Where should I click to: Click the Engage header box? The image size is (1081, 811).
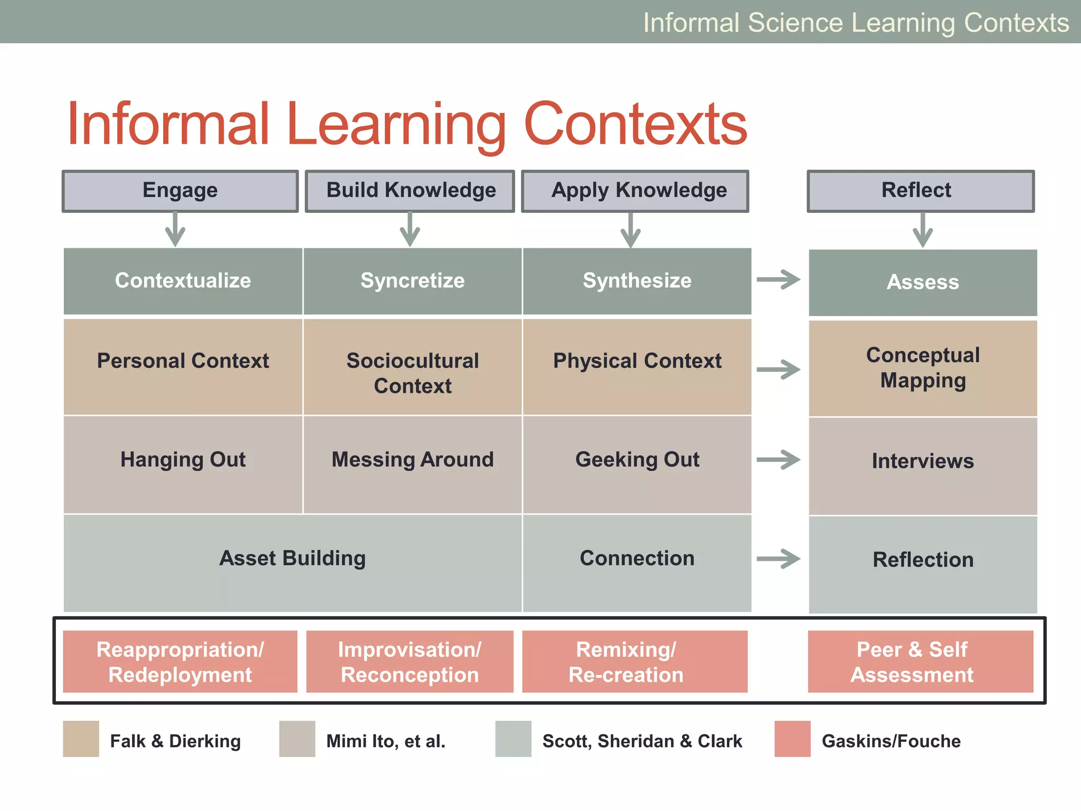[180, 191]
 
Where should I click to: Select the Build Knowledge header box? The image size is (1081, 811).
[410, 191]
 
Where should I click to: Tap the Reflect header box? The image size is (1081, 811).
[921, 191]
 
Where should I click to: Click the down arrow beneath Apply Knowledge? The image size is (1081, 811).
[630, 230]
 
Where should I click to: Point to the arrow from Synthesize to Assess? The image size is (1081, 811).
[779, 279]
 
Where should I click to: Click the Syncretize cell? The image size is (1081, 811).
[412, 280]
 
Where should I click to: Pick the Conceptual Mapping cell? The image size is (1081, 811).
[923, 368]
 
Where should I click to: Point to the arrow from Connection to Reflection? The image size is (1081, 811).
[779, 559]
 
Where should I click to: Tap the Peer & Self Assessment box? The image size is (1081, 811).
[920, 661]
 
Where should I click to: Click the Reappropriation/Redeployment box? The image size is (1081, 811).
[180, 661]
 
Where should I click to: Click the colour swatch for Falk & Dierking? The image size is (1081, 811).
[81, 739]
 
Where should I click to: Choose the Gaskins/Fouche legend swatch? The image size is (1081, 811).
[792, 739]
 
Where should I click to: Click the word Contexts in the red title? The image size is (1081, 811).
[636, 125]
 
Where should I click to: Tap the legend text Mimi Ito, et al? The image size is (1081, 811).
[386, 741]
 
